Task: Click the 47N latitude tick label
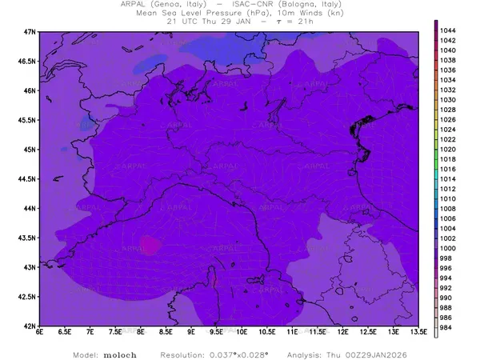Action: pos(30,31)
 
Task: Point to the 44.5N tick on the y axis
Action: pos(27,178)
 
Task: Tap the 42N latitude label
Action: pos(30,326)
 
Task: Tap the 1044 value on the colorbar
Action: pos(448,30)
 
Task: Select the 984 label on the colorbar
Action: pos(448,328)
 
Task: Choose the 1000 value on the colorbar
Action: pos(448,249)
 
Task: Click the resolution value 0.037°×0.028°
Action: pos(239,353)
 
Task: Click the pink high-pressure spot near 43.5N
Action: pos(150,242)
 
